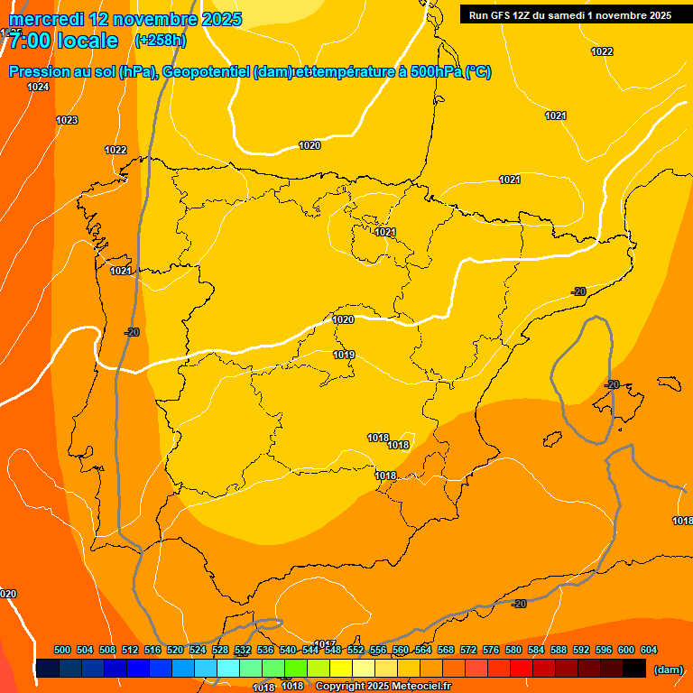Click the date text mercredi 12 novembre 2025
point(125,19)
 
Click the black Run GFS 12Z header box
point(570,14)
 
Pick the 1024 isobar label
point(38,87)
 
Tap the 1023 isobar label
point(67,120)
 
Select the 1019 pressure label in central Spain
point(344,355)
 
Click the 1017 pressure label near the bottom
point(325,643)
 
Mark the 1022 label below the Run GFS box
point(602,51)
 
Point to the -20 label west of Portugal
point(133,332)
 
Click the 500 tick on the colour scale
point(62,650)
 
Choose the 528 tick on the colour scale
point(220,650)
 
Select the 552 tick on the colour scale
point(356,650)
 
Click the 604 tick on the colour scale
point(648,650)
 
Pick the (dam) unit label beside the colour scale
point(668,670)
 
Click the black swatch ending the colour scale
point(634,669)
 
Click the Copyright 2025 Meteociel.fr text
point(383,686)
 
